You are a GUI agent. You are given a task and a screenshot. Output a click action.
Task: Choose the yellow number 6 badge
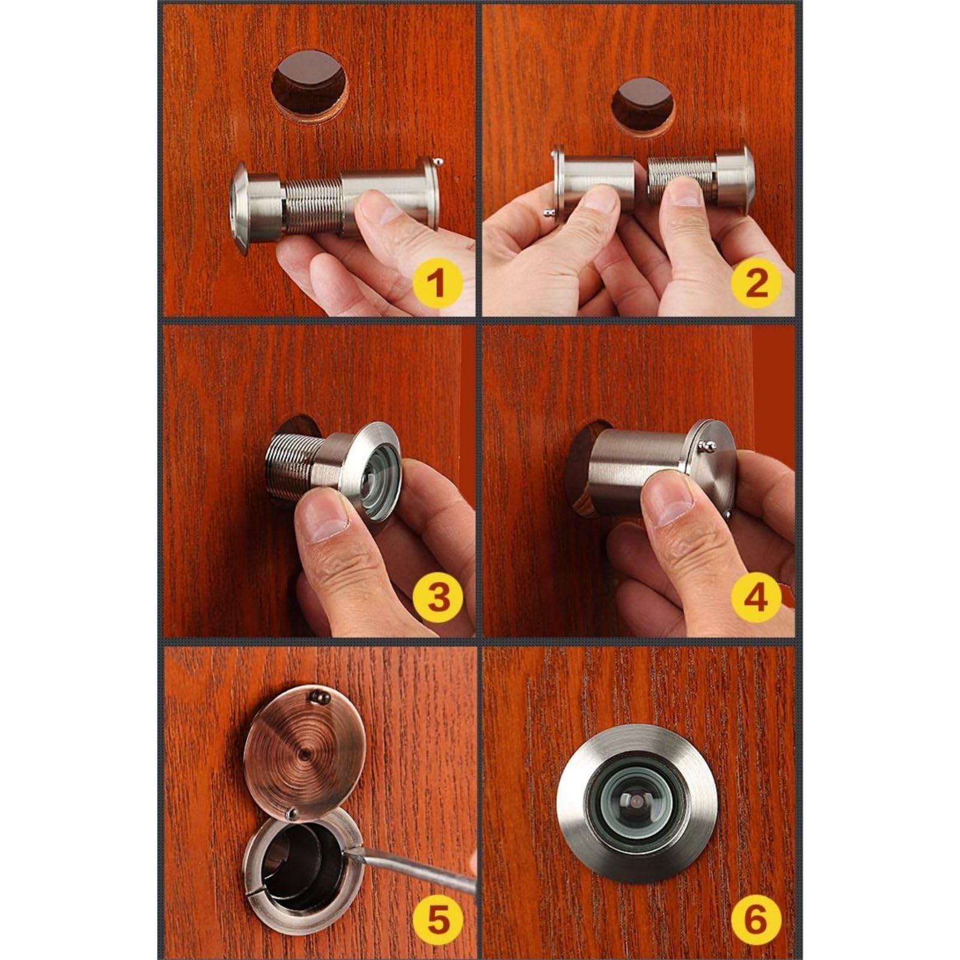click(755, 919)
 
